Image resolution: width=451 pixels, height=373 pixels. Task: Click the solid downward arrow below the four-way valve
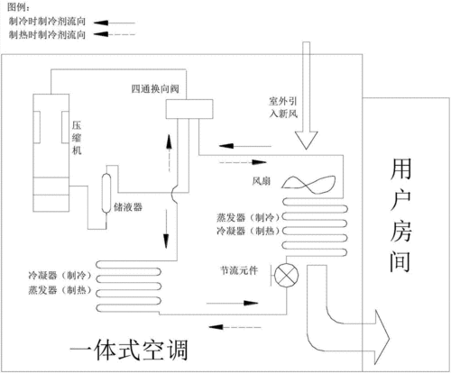click(x=167, y=236)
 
